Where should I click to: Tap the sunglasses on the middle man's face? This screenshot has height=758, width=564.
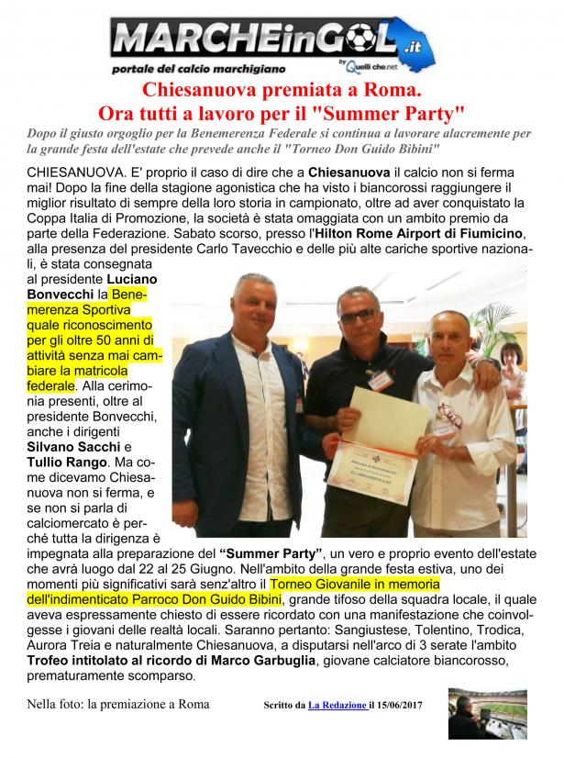tap(356, 314)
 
